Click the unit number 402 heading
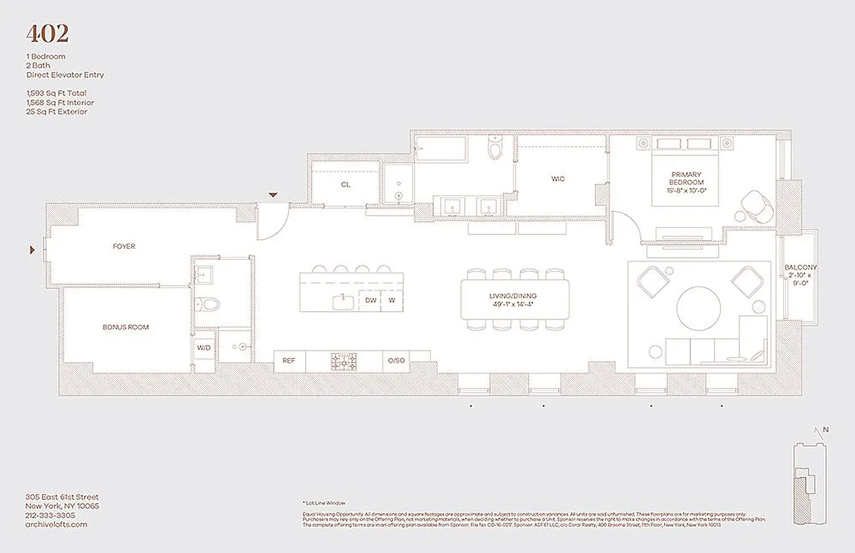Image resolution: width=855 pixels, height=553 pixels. click(x=47, y=34)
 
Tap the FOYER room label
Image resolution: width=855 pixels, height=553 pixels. click(x=124, y=246)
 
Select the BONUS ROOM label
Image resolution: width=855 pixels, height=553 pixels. click(x=125, y=327)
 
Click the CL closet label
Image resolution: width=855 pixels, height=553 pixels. click(x=345, y=185)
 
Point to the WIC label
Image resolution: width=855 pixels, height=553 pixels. click(x=558, y=179)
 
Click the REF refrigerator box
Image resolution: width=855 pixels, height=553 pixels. click(x=289, y=360)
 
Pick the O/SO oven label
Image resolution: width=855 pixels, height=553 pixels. click(x=396, y=360)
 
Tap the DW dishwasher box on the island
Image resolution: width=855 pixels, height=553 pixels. click(x=370, y=300)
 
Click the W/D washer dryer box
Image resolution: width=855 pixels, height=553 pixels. click(x=203, y=348)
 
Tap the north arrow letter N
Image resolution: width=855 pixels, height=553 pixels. click(x=825, y=429)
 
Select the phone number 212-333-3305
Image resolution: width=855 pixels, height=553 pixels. click(x=50, y=515)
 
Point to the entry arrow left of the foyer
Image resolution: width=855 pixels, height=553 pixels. click(x=32, y=250)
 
